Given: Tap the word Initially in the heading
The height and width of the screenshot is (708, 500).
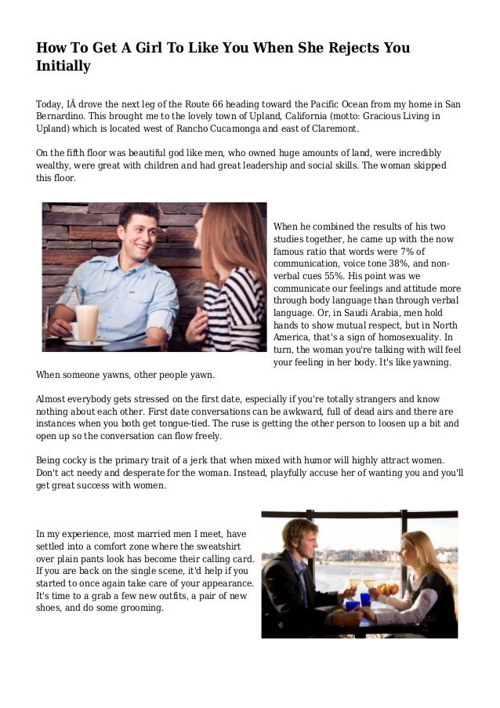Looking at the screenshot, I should coord(63,67).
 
